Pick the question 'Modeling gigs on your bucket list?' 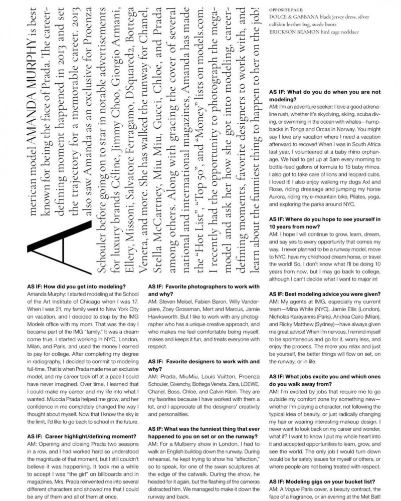pos(326,481)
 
